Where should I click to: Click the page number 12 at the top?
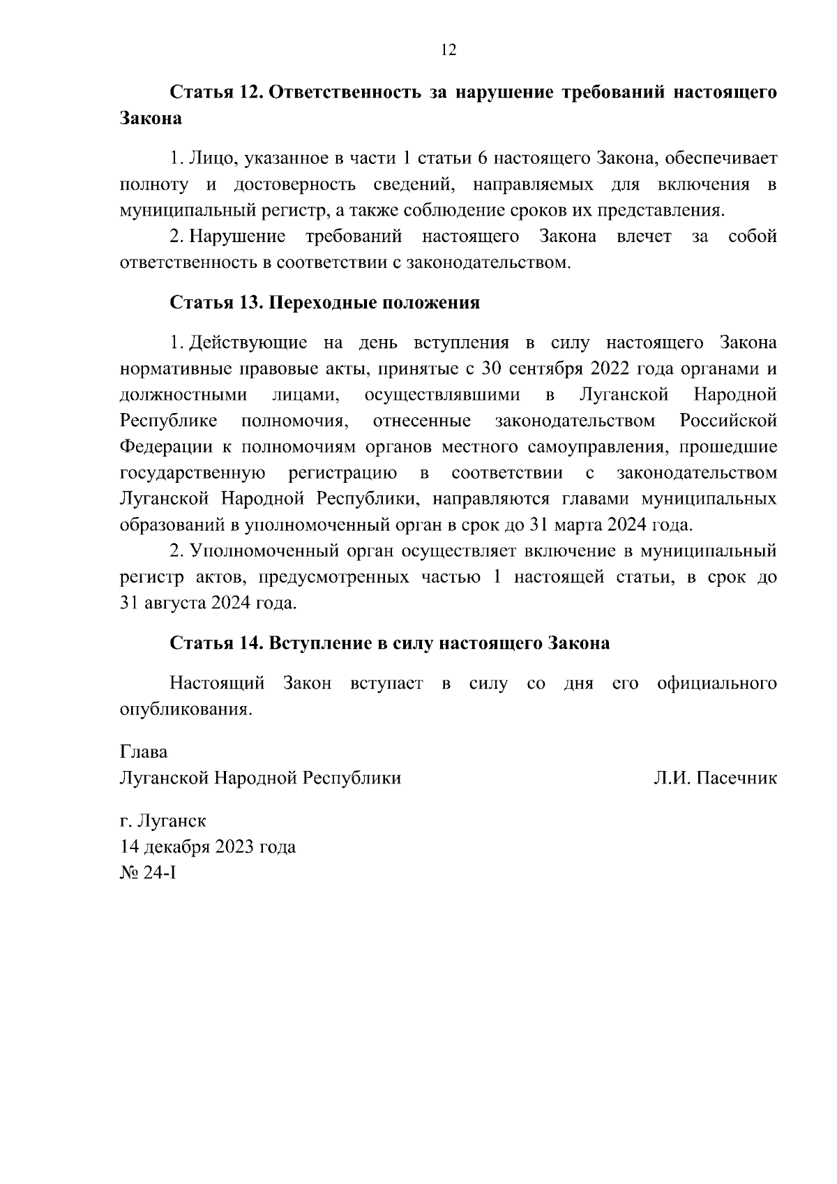coord(448,50)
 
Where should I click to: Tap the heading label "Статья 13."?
coord(216,303)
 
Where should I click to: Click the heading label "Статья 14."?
coord(216,643)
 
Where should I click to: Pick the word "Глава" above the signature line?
coord(144,752)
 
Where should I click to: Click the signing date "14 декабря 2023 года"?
coord(208,847)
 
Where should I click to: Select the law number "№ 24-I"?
coord(149,872)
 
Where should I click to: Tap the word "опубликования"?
coord(185,710)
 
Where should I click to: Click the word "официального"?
coord(717,683)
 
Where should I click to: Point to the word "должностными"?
coord(183,395)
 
